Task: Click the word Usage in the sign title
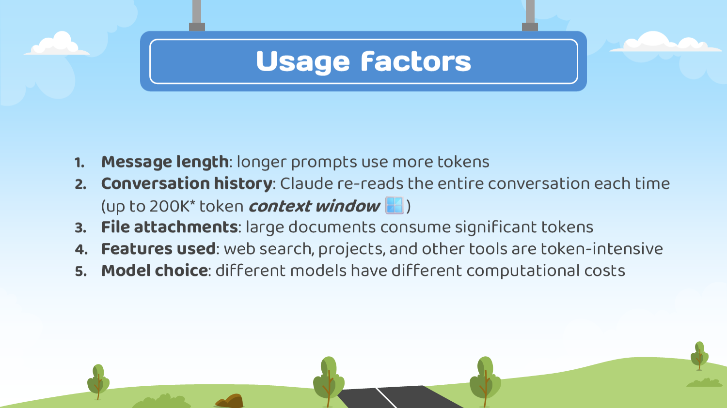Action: point(303,62)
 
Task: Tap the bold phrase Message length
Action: point(165,162)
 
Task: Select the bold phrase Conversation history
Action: point(187,183)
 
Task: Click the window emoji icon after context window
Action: point(395,205)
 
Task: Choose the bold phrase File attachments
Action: point(170,227)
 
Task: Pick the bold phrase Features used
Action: point(158,249)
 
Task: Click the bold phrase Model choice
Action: point(155,271)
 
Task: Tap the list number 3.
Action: point(80,228)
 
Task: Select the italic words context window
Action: point(314,206)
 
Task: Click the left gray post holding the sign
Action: point(197,15)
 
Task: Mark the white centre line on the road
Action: point(386,398)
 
